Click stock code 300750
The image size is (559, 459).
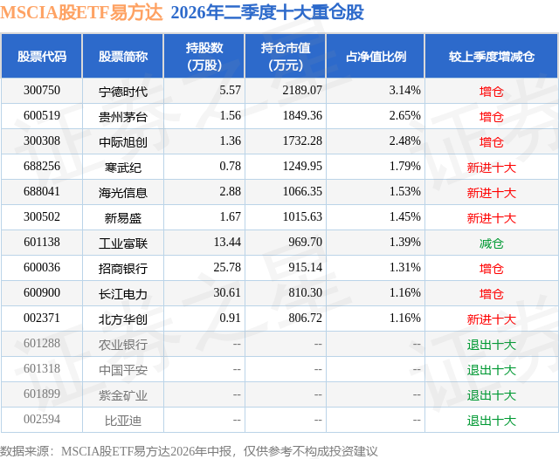pos(42,91)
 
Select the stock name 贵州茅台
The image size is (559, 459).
pos(123,117)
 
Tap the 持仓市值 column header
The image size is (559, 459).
pos(286,56)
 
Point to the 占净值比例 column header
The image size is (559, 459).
pos(376,56)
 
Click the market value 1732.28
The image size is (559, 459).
pos(302,141)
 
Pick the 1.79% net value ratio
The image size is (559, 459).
pos(404,167)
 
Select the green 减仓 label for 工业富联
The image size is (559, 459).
pos(491,243)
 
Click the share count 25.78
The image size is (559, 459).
pos(227,267)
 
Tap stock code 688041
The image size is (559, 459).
pos(42,192)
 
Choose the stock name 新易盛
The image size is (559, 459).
pos(123,218)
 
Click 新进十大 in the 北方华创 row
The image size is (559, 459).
pos(491,319)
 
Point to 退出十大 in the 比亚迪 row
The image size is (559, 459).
pos(491,421)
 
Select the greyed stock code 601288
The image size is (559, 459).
pos(42,343)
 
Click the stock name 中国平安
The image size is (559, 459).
pos(123,370)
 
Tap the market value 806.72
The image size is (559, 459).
pos(305,318)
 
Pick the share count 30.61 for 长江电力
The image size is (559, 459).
pos(227,292)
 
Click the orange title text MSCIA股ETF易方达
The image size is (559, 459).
pos(81,12)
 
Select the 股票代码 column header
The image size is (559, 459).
pos(42,56)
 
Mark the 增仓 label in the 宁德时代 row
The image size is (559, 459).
pos(491,92)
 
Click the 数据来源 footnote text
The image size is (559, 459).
pos(189,451)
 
